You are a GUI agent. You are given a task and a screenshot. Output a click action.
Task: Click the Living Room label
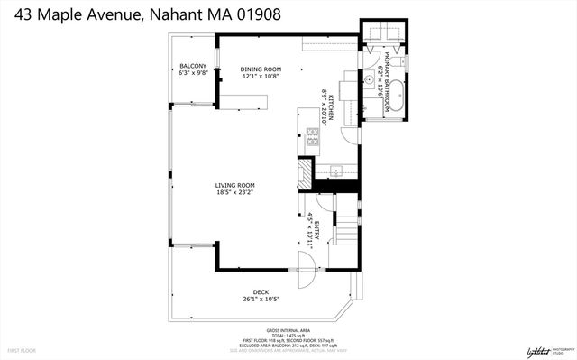pos(235,185)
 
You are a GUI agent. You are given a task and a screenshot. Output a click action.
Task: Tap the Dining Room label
pos(261,69)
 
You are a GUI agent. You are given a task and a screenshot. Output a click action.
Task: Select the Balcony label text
pos(193,66)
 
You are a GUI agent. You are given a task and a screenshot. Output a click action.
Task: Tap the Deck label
pos(261,291)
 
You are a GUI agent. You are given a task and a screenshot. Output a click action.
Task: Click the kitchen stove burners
pos(313,138)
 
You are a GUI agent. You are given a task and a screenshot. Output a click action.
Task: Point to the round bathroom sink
pos(370,80)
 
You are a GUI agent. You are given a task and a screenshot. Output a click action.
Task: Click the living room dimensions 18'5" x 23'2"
pos(235,192)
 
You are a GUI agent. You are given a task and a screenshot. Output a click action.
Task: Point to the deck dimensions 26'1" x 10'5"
pos(261,299)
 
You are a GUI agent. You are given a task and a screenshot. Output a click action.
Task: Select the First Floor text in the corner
pos(22,348)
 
